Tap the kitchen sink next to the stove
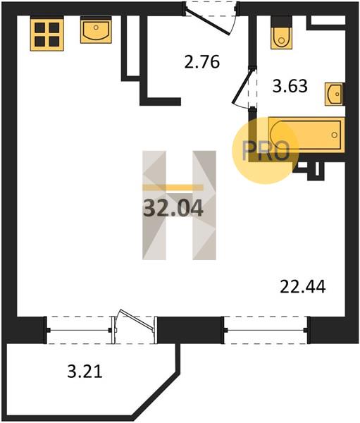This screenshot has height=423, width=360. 96,30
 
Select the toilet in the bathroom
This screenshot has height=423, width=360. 281,34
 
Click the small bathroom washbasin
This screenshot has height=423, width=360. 335,94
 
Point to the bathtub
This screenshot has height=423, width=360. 306,135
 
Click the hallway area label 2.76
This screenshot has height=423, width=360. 202,62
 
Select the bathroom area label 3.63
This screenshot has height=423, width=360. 290,86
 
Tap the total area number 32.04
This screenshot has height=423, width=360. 173,209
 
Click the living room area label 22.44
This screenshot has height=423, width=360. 303,286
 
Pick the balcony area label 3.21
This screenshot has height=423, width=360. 85,372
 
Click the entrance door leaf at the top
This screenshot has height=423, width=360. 208,23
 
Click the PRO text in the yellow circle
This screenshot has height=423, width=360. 266,151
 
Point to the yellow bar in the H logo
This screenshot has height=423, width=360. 173,188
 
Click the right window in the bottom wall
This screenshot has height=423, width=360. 266,330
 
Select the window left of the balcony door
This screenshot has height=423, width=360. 78,330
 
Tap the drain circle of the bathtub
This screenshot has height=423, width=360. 335,135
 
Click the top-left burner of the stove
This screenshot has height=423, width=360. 40,27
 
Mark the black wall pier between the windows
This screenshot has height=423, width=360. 189,330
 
